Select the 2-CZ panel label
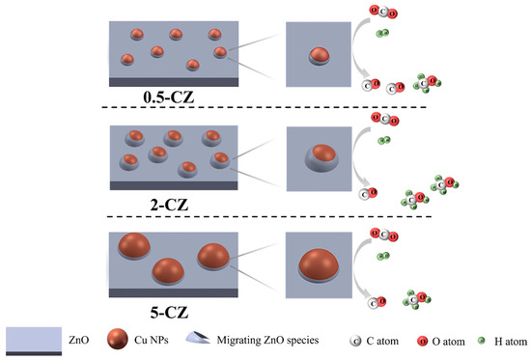click(x=170, y=205)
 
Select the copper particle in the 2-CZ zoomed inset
click(x=323, y=158)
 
